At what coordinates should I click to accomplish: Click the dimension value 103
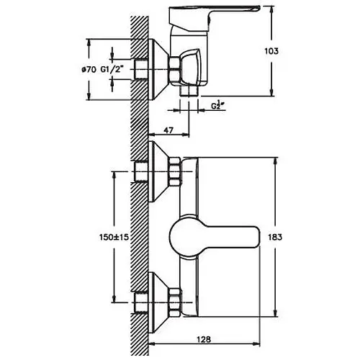pos(271,51)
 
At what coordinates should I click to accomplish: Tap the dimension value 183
pos(275,237)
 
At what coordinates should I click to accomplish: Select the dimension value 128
pos(204,339)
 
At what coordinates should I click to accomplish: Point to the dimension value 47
pos(168,130)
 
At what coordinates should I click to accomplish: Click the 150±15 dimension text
pos(114,237)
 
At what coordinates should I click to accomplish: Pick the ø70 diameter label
pos(89,70)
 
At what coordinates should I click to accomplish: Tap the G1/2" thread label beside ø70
pos(112,70)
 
